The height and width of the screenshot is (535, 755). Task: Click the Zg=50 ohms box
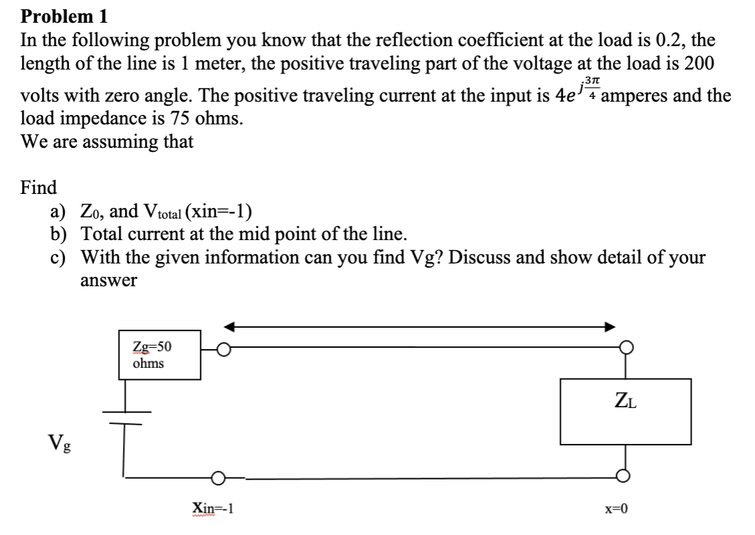coord(160,354)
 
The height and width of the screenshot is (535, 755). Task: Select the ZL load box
coord(625,411)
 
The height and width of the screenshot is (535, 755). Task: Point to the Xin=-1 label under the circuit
coord(212,508)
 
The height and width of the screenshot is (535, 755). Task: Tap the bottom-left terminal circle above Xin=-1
coord(218,478)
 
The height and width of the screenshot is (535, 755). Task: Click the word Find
coord(39,187)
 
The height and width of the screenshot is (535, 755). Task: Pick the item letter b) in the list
coord(58,234)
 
